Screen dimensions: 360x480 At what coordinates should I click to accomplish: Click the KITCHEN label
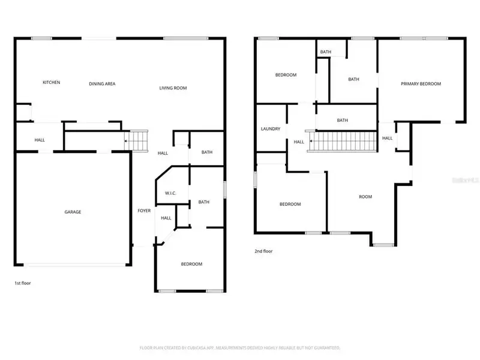coord(51,82)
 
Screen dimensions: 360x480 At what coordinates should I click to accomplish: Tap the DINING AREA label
coord(102,83)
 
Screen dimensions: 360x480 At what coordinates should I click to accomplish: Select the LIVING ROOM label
coord(173,88)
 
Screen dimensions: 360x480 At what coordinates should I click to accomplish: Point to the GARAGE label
coord(73,212)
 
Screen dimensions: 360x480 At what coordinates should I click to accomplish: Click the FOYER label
coord(144,211)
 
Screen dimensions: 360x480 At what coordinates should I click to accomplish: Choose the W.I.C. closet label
coord(171,193)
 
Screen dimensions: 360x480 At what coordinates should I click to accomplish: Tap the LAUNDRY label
coord(271,129)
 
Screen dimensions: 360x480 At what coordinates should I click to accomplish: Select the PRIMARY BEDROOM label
coord(421,84)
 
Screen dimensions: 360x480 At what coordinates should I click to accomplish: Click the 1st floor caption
coord(22,283)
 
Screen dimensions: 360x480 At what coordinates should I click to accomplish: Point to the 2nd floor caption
coord(263,251)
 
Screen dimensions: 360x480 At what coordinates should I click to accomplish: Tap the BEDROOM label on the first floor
coord(191,264)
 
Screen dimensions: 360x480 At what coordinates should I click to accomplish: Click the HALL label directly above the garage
coord(40,140)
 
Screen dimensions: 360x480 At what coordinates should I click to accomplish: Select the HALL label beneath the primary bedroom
coord(387,138)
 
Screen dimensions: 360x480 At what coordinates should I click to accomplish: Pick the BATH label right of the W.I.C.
coord(203,202)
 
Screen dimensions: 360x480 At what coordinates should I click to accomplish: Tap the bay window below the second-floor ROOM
coord(382,244)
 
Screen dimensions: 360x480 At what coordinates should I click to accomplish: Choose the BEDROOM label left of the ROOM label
coord(290,205)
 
